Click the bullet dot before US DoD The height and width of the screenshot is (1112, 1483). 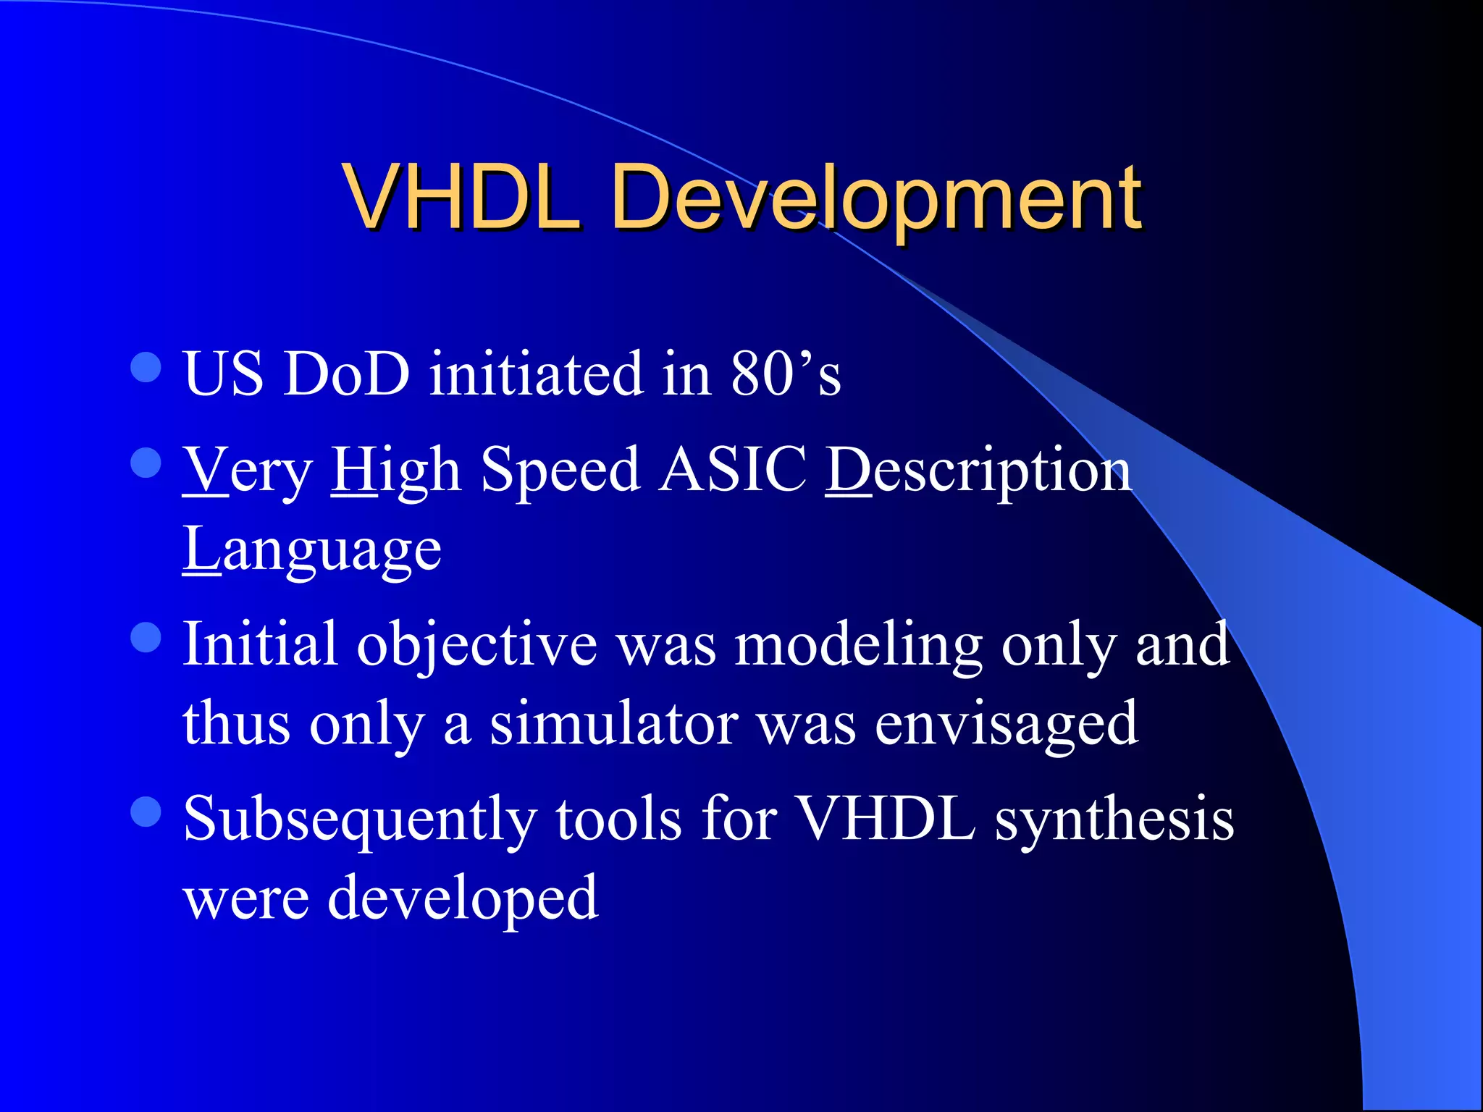pyautogui.click(x=146, y=367)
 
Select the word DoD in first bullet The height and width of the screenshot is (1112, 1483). pyautogui.click(x=347, y=374)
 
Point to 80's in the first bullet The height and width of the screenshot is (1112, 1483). pyautogui.click(x=785, y=374)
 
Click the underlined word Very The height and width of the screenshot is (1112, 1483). pyautogui.click(x=247, y=471)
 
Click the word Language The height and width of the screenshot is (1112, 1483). pyautogui.click(x=311, y=550)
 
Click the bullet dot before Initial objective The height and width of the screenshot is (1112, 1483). pyautogui.click(x=146, y=638)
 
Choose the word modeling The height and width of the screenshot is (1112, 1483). pyautogui.click(x=858, y=644)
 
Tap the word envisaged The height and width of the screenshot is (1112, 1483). pyautogui.click(x=1006, y=724)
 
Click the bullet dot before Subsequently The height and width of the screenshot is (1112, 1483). pyautogui.click(x=146, y=812)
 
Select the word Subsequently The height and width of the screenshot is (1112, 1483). pyautogui.click(x=360, y=820)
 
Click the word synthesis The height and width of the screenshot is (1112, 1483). pyautogui.click(x=1114, y=820)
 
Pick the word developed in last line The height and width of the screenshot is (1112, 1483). pyautogui.click(x=463, y=898)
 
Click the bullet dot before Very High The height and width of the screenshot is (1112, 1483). pyautogui.click(x=146, y=463)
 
